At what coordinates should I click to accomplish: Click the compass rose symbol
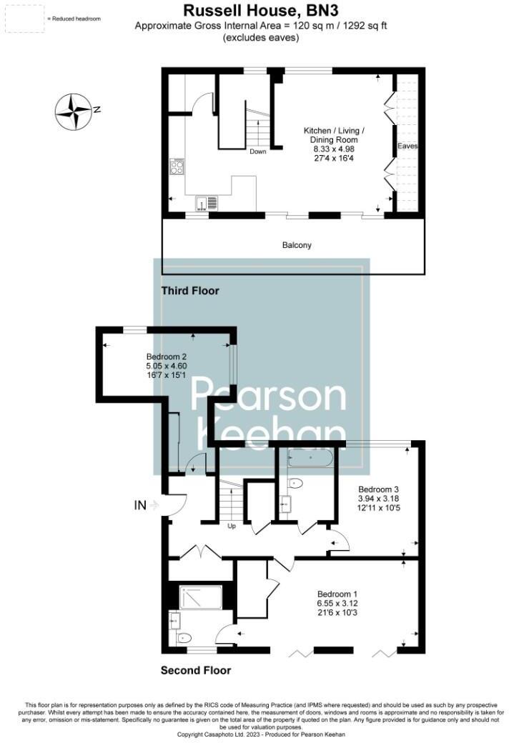pos(74,111)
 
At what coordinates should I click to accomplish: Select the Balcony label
pos(297,245)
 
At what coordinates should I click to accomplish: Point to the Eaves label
pos(408,146)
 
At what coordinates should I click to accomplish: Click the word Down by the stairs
pos(258,151)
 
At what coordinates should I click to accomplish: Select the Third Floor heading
pos(190,291)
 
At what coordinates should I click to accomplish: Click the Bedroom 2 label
pos(167,356)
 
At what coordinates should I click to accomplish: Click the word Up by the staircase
pos(232,527)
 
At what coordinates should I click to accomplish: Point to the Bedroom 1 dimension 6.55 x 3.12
pos(338,604)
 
